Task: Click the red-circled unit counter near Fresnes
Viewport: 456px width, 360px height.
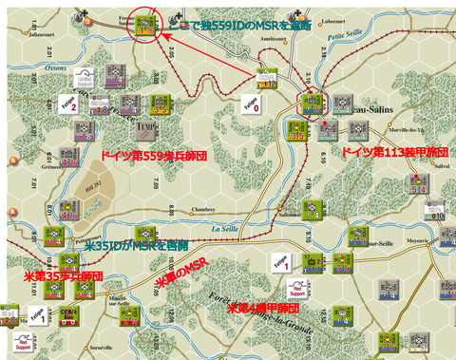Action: point(144,25)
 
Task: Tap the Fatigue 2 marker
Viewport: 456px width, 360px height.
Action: point(67,103)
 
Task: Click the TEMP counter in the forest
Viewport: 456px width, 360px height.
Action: point(145,125)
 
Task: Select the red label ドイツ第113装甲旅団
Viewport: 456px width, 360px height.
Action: point(394,152)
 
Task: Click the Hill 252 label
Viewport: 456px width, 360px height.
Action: point(95,191)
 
